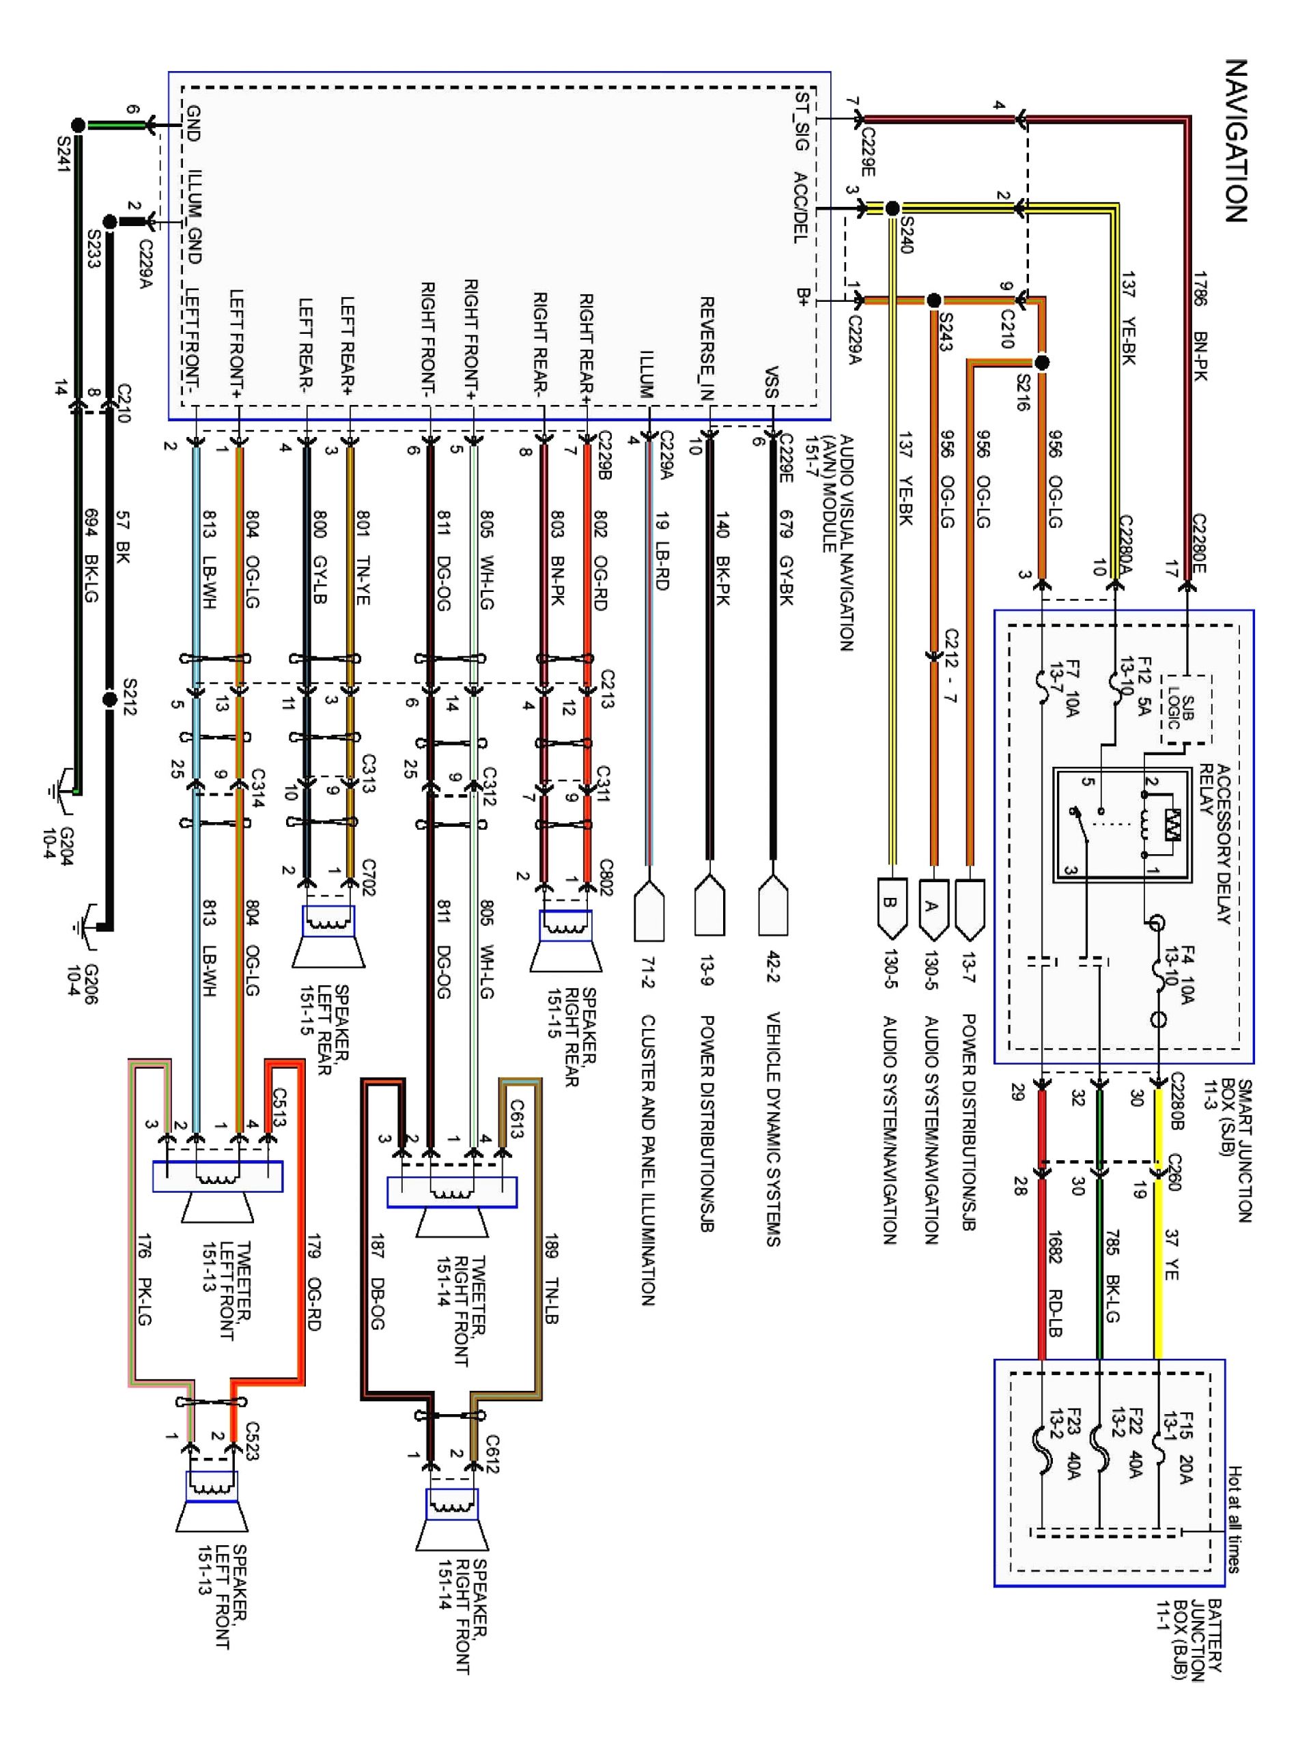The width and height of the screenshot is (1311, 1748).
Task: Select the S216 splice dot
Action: point(1041,363)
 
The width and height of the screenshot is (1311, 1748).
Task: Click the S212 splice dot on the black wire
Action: point(111,699)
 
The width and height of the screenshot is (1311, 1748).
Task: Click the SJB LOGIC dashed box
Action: point(1185,709)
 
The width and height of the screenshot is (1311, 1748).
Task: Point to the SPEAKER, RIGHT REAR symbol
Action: point(565,940)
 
